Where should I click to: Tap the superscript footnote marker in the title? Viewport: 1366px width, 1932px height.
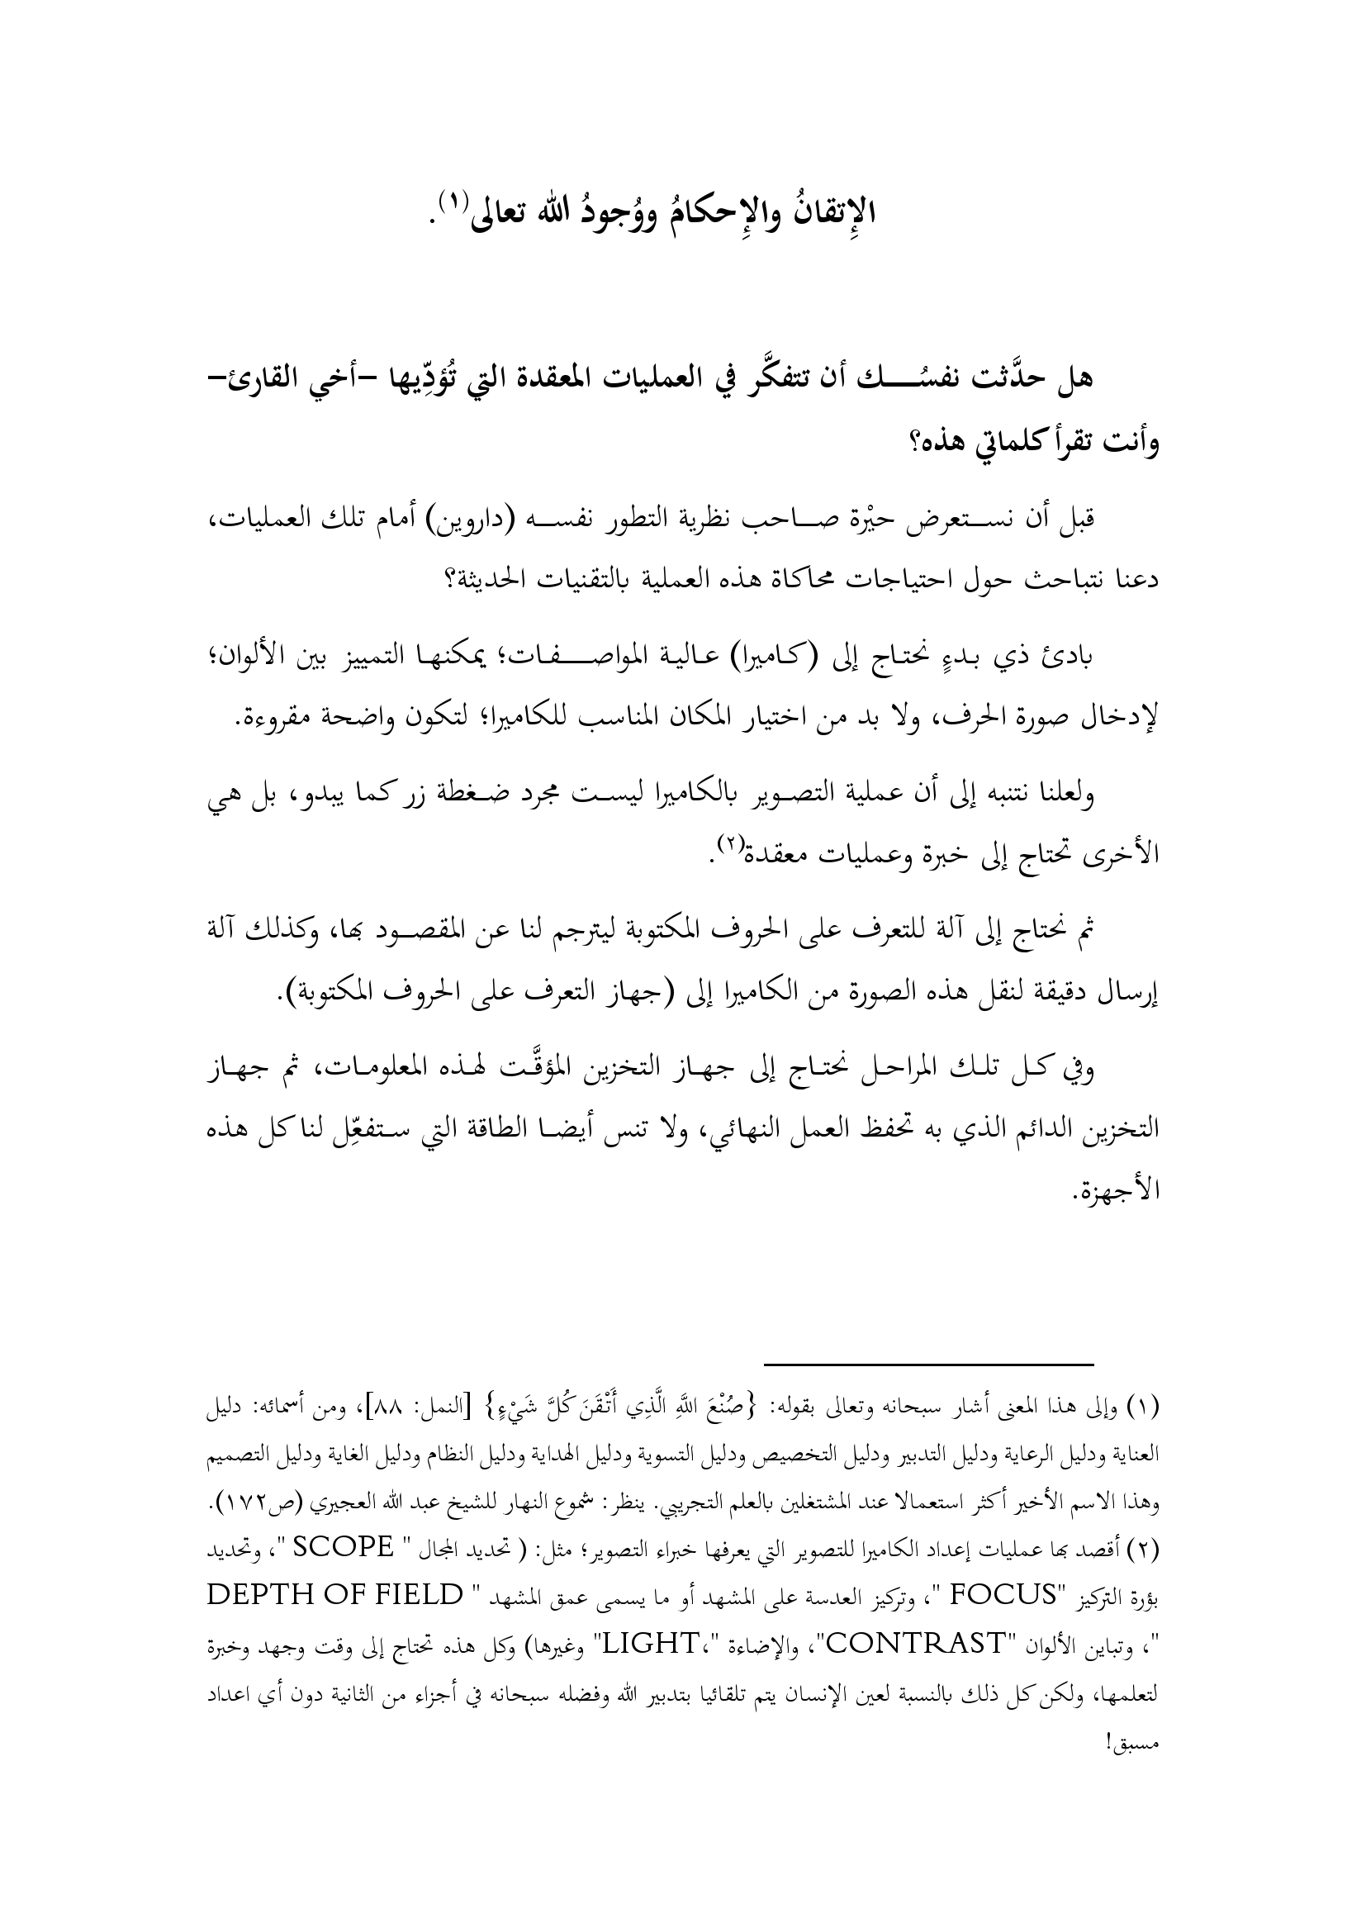[455, 199]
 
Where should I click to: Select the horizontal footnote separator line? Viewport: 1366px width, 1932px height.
[927, 1364]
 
